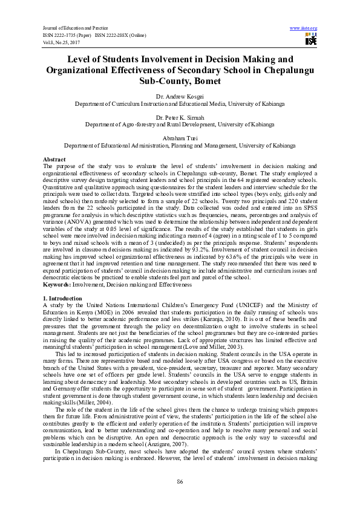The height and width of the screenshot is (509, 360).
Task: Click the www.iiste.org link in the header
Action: coord(304,28)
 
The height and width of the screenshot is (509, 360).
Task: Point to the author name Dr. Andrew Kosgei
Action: coord(180,97)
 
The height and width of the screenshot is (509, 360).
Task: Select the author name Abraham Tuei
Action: coord(180,138)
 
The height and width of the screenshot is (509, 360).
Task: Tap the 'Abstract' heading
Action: coord(55,158)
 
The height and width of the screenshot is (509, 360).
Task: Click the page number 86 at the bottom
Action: coord(180,481)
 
